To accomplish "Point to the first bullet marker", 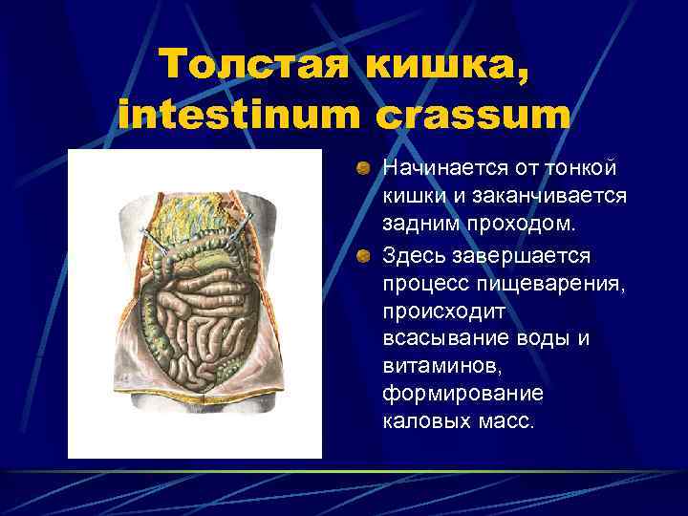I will click(x=363, y=169).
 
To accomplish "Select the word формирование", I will click(x=449, y=394).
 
